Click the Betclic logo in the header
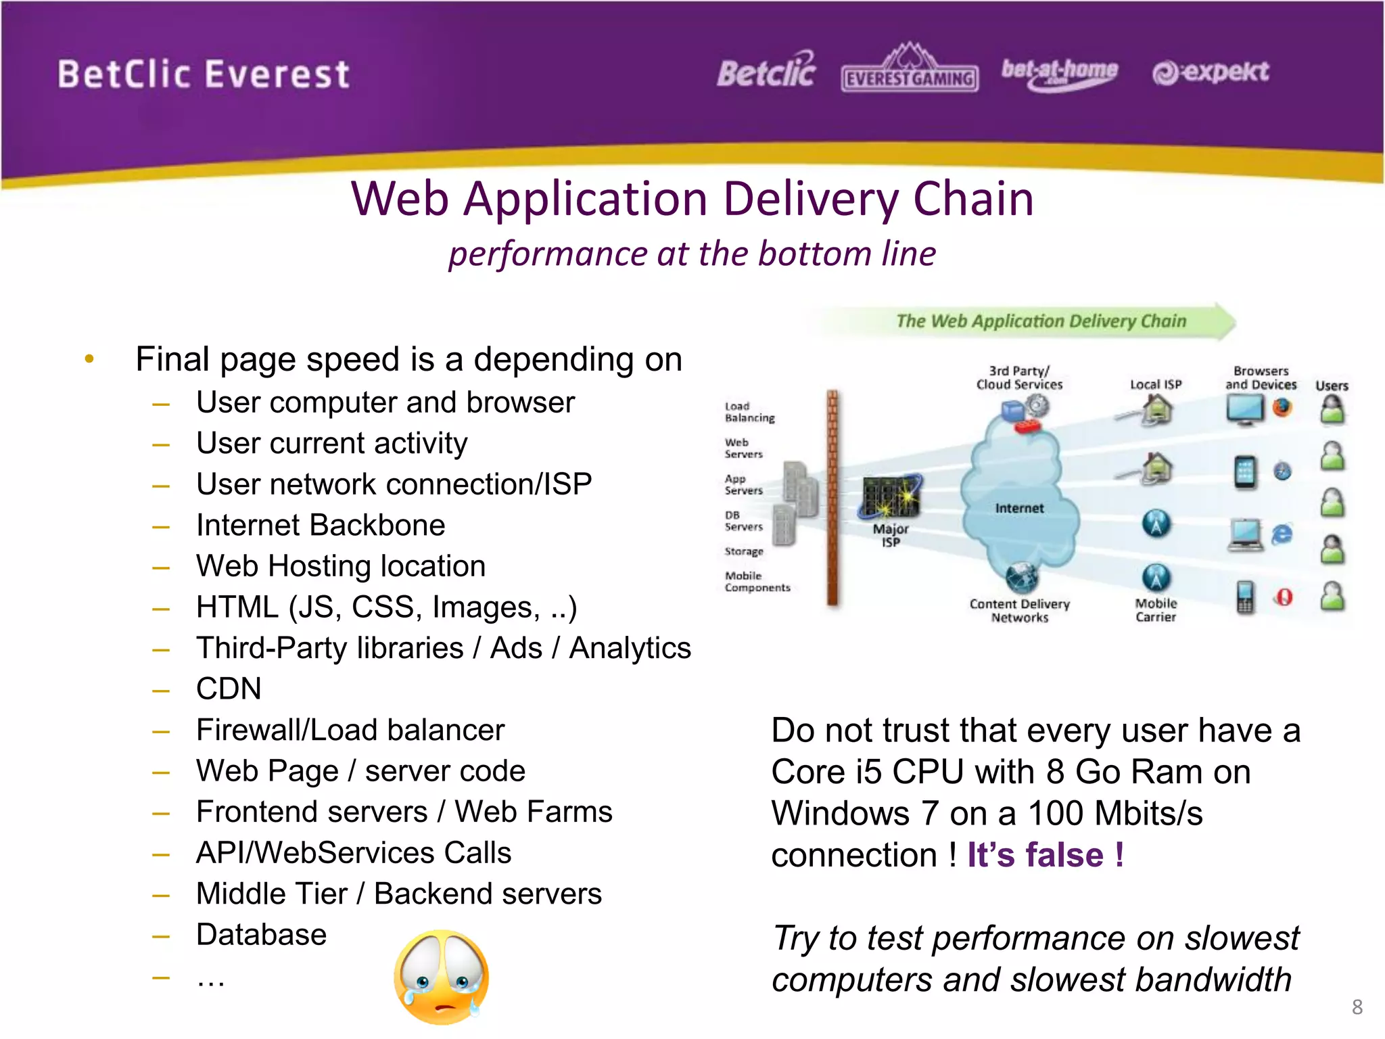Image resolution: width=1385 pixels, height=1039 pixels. (766, 71)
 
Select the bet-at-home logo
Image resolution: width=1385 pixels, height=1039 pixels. (1059, 72)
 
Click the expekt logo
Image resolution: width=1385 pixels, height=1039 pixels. (1211, 72)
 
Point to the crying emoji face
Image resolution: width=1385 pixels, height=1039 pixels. (441, 977)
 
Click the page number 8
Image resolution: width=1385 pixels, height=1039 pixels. (1357, 1007)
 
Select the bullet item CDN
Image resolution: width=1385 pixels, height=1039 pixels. (229, 689)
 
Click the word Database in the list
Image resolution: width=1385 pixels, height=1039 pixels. (261, 935)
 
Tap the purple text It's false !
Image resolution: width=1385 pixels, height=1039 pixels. (1046, 854)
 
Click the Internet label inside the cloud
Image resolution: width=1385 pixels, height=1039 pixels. (1019, 508)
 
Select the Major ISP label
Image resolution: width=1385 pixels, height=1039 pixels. (890, 535)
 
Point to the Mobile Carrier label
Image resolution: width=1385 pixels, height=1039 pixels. (1156, 609)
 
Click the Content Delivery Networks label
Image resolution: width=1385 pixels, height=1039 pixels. (1019, 610)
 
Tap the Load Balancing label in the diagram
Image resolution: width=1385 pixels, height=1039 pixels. (749, 412)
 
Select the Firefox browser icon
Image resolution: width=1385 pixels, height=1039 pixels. (1282, 407)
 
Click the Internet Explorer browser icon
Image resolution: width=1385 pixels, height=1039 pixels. (1282, 534)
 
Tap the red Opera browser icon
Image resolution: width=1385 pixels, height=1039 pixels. (1284, 597)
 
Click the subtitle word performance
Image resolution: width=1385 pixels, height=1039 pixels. (548, 254)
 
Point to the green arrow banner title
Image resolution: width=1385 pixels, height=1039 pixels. (1040, 321)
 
